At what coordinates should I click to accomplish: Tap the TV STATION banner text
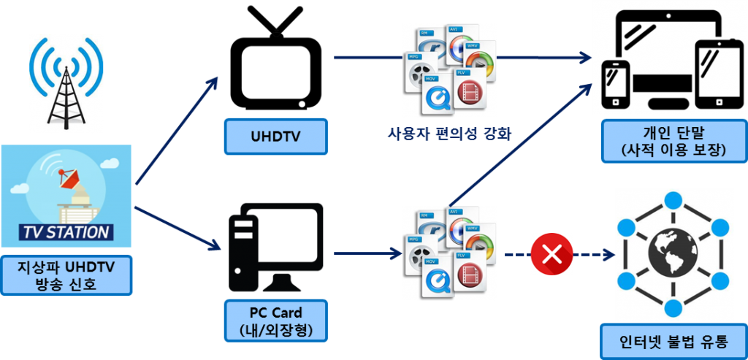(66, 233)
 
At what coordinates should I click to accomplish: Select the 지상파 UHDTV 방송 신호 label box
(66, 275)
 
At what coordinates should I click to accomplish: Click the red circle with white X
(551, 254)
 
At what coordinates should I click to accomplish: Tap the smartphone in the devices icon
(616, 80)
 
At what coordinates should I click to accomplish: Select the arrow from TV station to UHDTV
(175, 131)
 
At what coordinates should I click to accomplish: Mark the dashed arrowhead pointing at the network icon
(608, 255)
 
